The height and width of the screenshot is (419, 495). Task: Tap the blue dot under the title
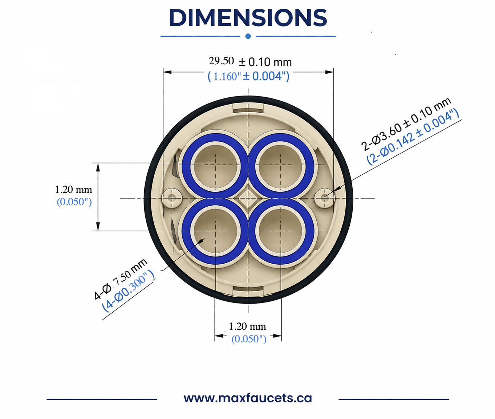point(248,36)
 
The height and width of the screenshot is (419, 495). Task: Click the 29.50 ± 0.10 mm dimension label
point(250,62)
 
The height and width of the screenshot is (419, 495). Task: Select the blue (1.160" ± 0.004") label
point(248,76)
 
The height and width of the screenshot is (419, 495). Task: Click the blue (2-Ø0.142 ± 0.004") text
point(413,137)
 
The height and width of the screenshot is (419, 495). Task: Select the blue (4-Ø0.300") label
point(128,291)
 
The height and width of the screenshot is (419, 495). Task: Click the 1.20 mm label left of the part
point(73,190)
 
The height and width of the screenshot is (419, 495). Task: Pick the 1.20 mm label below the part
point(247,326)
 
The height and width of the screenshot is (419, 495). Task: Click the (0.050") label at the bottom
point(249,339)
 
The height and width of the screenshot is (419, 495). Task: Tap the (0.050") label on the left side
point(74,202)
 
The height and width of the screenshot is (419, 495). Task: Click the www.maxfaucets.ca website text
point(248,398)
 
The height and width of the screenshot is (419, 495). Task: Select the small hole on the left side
point(171,198)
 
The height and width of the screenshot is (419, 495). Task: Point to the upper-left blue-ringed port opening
point(215,165)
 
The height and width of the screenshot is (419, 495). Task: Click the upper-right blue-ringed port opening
point(280,165)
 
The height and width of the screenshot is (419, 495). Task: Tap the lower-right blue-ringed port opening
point(280,231)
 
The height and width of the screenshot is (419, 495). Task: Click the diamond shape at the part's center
point(248,198)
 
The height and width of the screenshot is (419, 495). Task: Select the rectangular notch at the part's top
point(248,108)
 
